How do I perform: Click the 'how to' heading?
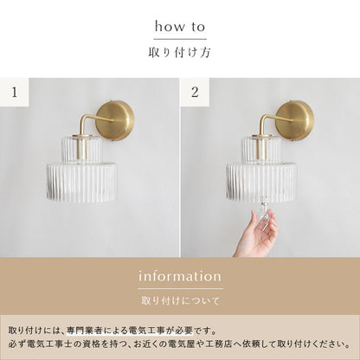[180, 27]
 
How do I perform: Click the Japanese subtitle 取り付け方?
[180, 52]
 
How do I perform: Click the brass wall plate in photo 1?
[115, 119]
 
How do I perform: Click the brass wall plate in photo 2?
[295, 119]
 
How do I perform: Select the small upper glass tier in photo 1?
[80, 150]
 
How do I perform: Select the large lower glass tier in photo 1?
[80, 182]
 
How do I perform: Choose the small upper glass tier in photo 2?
[260, 150]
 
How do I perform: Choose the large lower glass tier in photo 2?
[260, 182]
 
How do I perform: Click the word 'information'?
[180, 276]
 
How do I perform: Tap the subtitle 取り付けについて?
[180, 301]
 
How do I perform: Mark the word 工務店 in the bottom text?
[224, 345]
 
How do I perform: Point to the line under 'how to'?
[180, 39]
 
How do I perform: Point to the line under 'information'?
[180, 288]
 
